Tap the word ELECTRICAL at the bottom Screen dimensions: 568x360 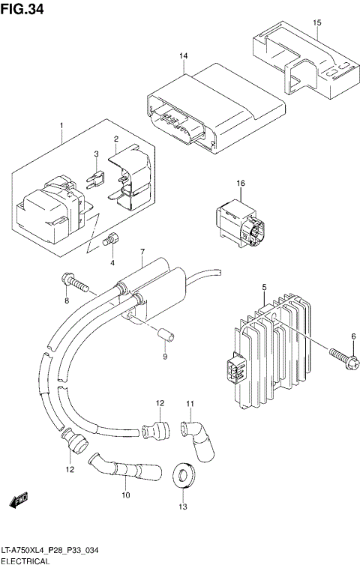(25, 561)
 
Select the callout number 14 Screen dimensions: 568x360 (183, 57)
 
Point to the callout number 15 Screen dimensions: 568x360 (316, 23)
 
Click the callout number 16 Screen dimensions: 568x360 (241, 184)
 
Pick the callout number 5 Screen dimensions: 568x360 (264, 287)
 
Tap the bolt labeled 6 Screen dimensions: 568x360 (340, 350)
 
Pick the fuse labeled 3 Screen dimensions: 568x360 (97, 180)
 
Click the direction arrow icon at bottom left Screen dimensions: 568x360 (19, 499)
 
